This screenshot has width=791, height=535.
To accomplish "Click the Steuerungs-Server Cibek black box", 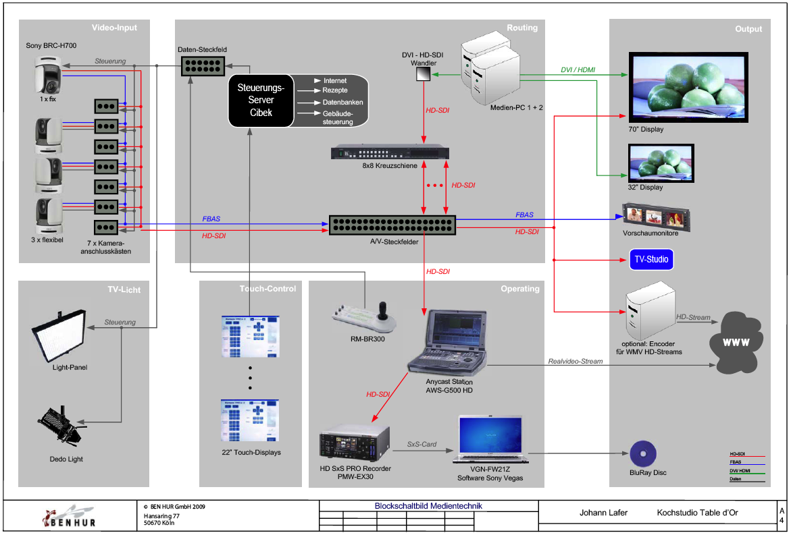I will pos(261,101).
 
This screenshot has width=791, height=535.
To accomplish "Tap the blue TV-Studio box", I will pos(647,259).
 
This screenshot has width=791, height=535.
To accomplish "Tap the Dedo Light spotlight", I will pos(62,425).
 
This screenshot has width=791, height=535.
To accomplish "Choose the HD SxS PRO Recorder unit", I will pos(355,442).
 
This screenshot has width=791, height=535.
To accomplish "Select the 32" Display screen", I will pos(661,162).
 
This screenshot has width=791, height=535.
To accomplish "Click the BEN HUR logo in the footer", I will pos(70,517).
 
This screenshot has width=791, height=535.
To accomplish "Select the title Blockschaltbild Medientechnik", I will pos(428,506).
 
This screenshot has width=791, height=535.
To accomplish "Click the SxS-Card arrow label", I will pos(422,445).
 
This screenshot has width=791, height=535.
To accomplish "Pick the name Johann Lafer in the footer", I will pos(603,513).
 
